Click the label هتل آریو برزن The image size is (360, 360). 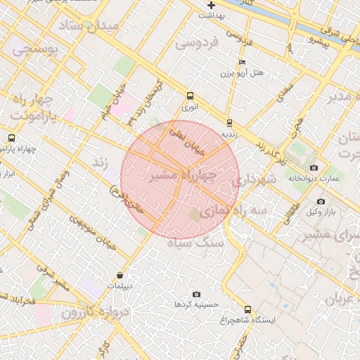(x=241, y=73)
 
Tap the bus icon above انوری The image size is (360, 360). (x=190, y=96)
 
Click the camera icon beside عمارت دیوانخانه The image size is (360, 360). (x=314, y=168)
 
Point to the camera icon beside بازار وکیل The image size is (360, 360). (x=321, y=202)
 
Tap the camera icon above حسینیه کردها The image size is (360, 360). (x=196, y=294)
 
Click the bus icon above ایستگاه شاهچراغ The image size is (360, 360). (x=247, y=309)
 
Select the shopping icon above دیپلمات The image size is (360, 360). (x=120, y=276)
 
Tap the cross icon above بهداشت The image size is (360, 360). (x=211, y=6)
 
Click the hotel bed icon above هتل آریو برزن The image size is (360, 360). (x=242, y=63)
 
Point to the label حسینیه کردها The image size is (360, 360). (x=196, y=304)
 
